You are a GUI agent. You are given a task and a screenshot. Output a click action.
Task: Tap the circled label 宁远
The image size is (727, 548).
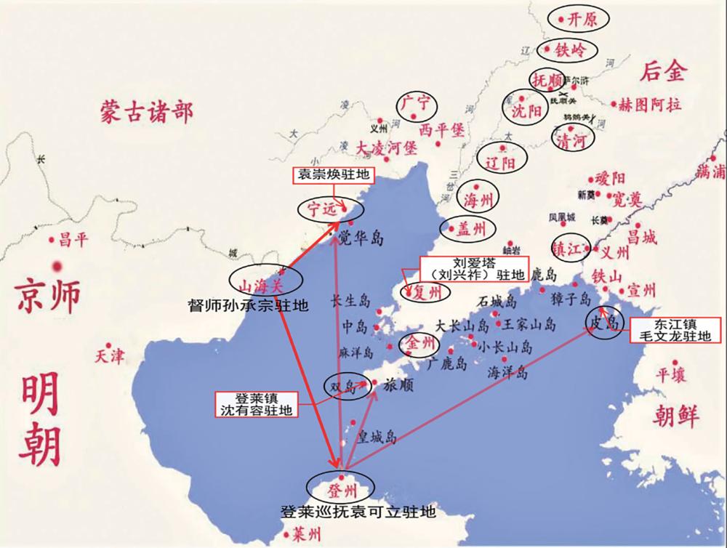pos(321,209)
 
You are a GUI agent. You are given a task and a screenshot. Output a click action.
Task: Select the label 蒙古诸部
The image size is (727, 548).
pos(147,113)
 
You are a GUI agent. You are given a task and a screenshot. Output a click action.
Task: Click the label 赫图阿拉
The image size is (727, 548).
pos(650,103)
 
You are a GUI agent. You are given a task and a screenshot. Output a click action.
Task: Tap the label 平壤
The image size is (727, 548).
pos(671,374)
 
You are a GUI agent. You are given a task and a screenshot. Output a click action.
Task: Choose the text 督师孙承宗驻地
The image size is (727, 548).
pos(248,306)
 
